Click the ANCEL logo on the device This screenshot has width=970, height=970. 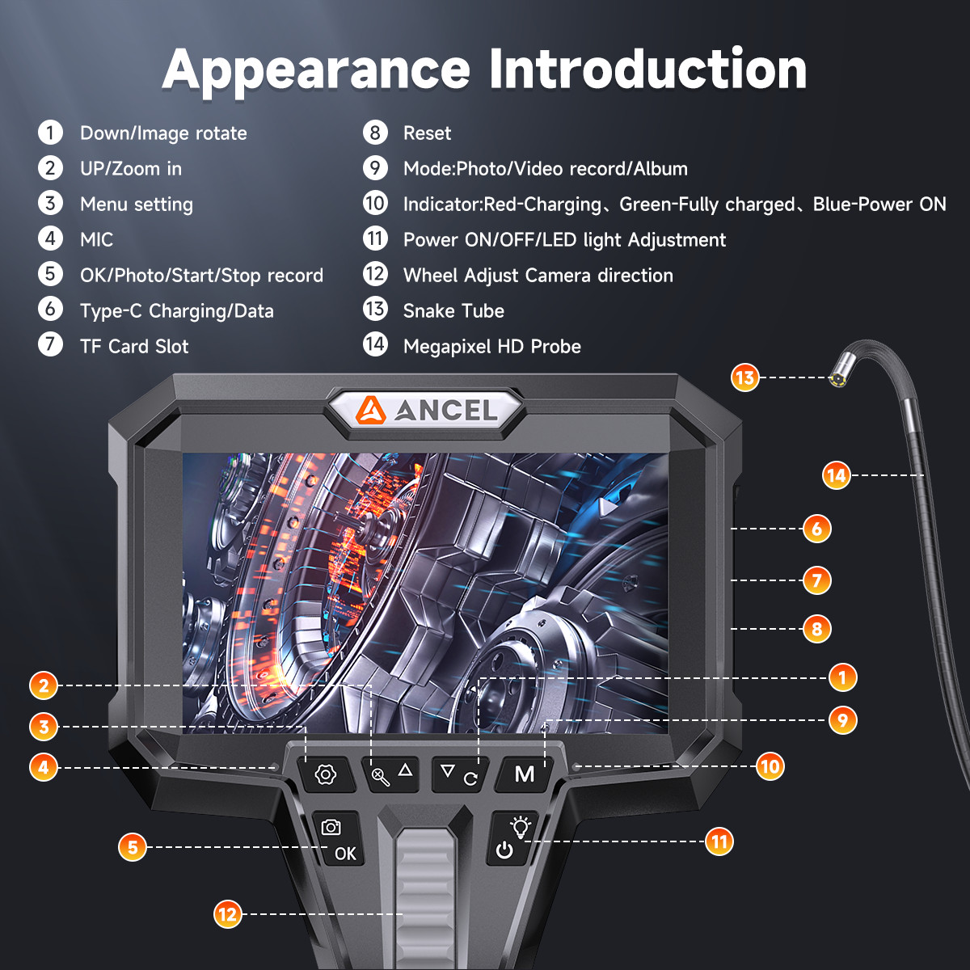click(x=427, y=411)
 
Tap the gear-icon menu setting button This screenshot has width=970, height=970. click(x=326, y=774)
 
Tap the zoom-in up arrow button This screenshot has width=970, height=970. click(x=393, y=774)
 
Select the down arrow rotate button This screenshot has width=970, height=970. click(x=458, y=774)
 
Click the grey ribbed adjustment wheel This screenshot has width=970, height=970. click(x=425, y=897)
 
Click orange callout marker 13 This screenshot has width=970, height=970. click(x=744, y=377)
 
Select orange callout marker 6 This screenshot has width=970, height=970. click(x=816, y=529)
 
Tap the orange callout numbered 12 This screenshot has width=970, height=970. click(x=227, y=914)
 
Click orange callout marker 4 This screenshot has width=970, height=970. click(x=44, y=766)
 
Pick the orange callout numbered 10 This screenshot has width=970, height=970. click(x=770, y=766)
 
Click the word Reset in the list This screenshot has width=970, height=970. click(x=427, y=133)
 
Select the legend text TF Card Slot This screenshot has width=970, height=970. click(x=134, y=347)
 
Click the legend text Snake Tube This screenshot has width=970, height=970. click(x=453, y=311)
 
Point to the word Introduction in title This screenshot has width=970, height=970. click(x=647, y=70)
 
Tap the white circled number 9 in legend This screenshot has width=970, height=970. click(x=375, y=168)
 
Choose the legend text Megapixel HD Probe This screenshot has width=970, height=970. click(x=491, y=347)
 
